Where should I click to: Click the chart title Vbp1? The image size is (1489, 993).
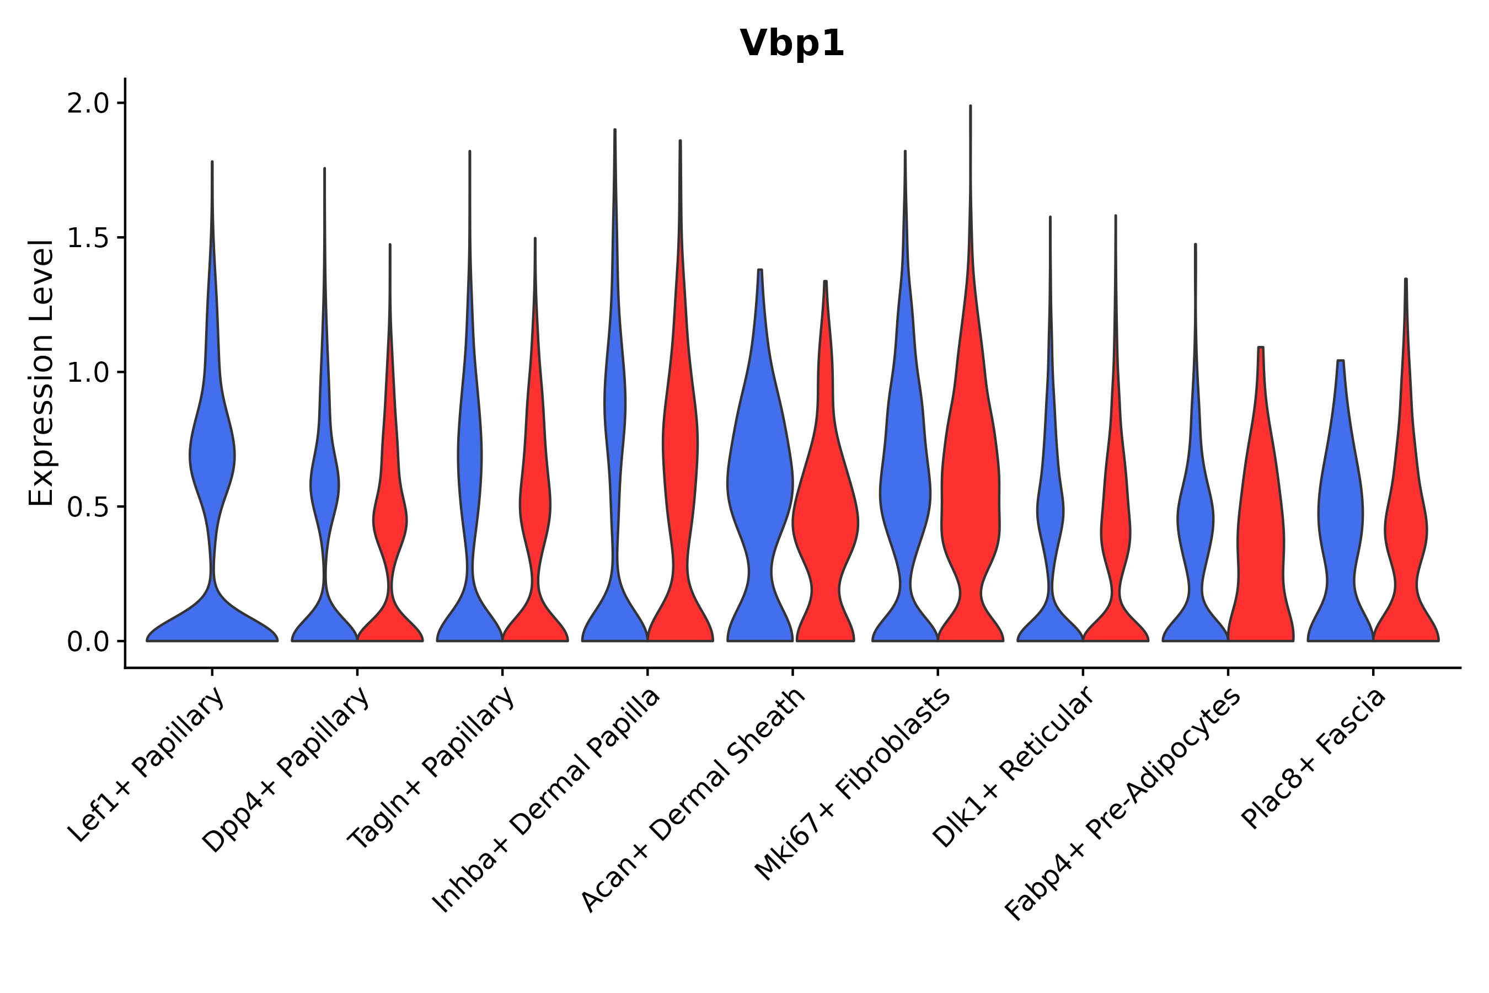pos(791,44)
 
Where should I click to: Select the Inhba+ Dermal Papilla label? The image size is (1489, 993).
pos(547,801)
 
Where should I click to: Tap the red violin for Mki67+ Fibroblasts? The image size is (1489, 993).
pos(970,494)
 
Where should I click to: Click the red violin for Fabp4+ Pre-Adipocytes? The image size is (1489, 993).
pos(1260,538)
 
